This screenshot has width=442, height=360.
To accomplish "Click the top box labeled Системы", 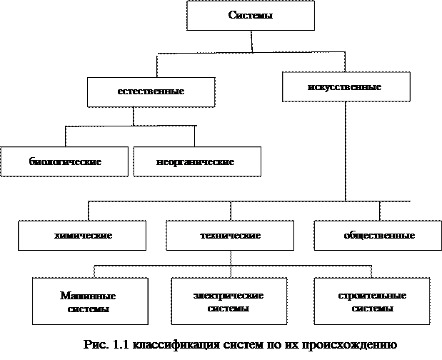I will pyautogui.click(x=250, y=16).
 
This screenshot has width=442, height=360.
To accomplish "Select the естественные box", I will pyautogui.click(x=151, y=91).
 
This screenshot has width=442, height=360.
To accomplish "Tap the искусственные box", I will pyautogui.click(x=346, y=87).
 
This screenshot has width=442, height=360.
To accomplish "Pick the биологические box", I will pyautogui.click(x=64, y=161).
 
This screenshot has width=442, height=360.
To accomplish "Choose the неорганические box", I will pyautogui.click(x=196, y=161).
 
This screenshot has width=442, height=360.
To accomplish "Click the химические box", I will pyautogui.click(x=83, y=235).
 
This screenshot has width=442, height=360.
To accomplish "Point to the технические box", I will pyautogui.click(x=230, y=235).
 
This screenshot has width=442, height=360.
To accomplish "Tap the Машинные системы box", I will pyautogui.click(x=89, y=302).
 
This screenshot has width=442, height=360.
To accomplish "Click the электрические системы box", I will pyautogui.click(x=228, y=302).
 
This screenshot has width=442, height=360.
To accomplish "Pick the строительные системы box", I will pyautogui.click(x=372, y=302).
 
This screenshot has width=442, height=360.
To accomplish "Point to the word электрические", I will pyautogui.click(x=228, y=296).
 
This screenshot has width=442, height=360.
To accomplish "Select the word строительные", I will pyautogui.click(x=372, y=296).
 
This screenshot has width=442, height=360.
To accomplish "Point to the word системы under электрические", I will pyautogui.click(x=228, y=309).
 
